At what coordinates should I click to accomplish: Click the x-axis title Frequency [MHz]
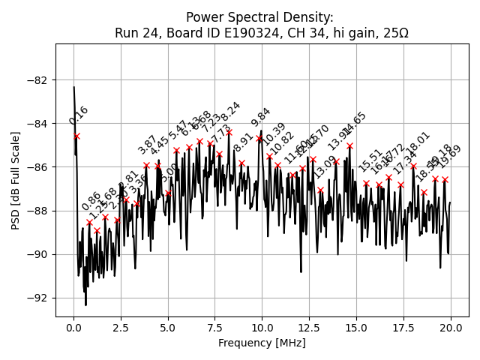(x=262, y=343)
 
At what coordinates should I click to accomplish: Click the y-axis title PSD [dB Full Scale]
(x=16, y=180)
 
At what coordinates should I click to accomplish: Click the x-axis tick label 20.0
(x=451, y=328)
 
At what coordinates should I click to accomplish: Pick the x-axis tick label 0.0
(x=73, y=328)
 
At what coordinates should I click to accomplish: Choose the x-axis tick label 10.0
(x=262, y=328)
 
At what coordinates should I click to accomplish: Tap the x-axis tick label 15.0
(x=356, y=328)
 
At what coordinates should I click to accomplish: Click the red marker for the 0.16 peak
(x=76, y=136)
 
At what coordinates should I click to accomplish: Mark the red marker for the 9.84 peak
(x=259, y=138)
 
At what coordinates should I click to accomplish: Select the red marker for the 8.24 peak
(x=229, y=132)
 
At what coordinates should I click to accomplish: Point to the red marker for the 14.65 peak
(x=349, y=145)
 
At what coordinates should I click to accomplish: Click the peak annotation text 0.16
(x=79, y=115)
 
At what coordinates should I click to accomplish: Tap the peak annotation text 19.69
(x=451, y=157)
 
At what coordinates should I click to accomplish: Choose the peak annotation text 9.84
(x=261, y=118)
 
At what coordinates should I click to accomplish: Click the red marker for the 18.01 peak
(x=413, y=166)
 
